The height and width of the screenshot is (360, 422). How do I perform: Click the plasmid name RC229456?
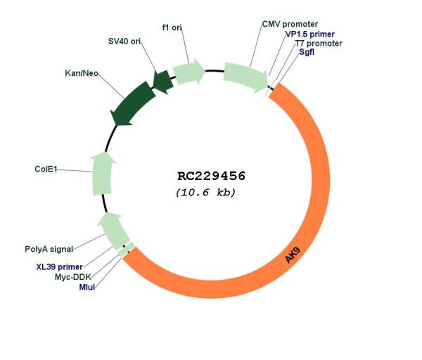(x=211, y=176)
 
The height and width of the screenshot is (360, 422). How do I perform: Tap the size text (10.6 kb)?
(x=205, y=193)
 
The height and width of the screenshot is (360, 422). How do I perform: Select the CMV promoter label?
(x=290, y=24)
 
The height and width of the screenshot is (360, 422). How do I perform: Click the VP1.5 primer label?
(x=310, y=34)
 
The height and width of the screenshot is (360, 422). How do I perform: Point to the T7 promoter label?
(x=319, y=44)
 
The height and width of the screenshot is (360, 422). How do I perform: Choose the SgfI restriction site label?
(x=307, y=52)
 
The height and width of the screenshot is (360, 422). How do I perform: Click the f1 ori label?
(x=172, y=27)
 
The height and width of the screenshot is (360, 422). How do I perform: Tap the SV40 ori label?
(x=124, y=41)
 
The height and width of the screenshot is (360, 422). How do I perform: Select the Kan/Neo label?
(x=82, y=73)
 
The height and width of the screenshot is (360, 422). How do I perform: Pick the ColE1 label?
(x=46, y=169)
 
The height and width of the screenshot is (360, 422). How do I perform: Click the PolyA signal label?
(x=49, y=249)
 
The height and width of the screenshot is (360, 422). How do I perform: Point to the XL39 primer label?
(x=60, y=267)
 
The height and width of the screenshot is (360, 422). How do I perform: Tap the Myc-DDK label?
(x=73, y=277)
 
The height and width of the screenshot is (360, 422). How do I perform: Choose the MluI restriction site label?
(x=87, y=287)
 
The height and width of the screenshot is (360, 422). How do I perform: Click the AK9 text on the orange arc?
(x=293, y=255)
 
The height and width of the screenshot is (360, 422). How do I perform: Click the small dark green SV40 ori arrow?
(x=163, y=82)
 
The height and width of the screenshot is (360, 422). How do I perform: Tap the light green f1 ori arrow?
(x=188, y=72)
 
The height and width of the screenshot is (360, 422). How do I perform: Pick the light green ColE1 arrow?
(x=102, y=174)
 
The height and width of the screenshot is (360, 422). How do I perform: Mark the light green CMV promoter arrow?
(x=245, y=77)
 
